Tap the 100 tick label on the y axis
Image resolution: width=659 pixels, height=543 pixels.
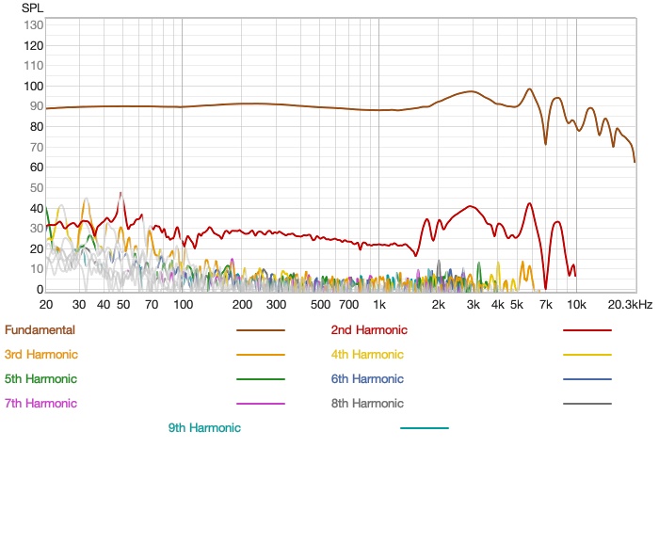[33, 86]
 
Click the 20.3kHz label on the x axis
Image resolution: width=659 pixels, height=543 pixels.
[630, 305]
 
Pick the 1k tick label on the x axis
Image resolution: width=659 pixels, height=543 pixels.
[378, 305]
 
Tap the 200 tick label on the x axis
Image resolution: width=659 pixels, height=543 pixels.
[241, 305]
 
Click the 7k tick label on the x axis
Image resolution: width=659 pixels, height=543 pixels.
[545, 305]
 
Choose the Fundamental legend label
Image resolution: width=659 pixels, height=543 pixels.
[40, 330]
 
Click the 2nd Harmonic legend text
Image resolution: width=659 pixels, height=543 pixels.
[369, 330]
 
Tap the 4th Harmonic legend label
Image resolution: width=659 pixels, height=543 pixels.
[367, 355]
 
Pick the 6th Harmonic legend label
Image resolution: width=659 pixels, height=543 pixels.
[367, 379]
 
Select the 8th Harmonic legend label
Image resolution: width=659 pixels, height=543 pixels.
[367, 404]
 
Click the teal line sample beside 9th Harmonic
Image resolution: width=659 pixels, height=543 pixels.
[425, 428]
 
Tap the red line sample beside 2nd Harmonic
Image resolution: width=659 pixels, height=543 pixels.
[587, 330]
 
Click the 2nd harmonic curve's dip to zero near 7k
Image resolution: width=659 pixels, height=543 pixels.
[545, 288]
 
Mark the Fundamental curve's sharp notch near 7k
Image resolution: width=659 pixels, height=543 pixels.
[545, 143]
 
